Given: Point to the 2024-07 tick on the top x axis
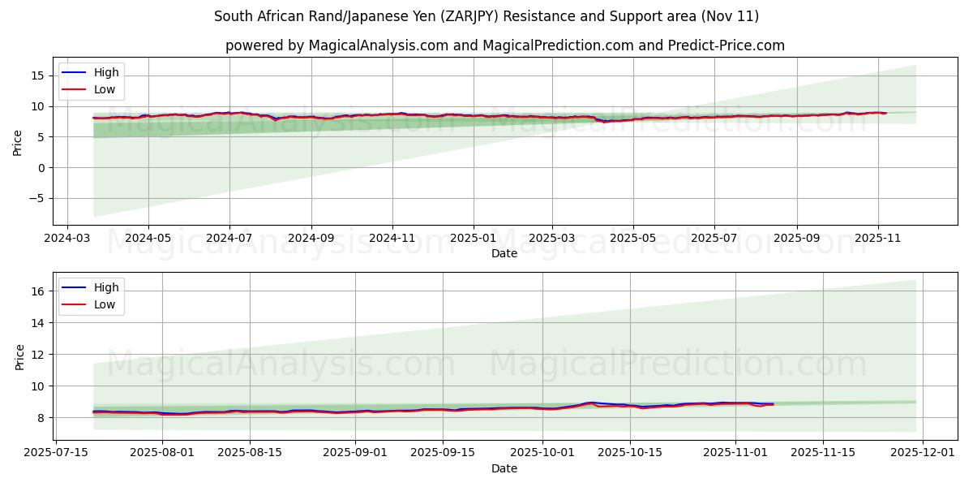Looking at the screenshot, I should coord(229,239).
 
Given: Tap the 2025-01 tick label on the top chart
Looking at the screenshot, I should coord(472,239).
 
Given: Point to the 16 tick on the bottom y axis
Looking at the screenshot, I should coord(39,291).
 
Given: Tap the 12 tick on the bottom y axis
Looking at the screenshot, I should coord(39,354).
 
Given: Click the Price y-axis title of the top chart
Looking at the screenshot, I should coord(18,143).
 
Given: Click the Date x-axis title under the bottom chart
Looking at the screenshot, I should coord(504,468).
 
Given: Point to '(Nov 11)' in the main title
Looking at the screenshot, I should coord(732,16).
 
